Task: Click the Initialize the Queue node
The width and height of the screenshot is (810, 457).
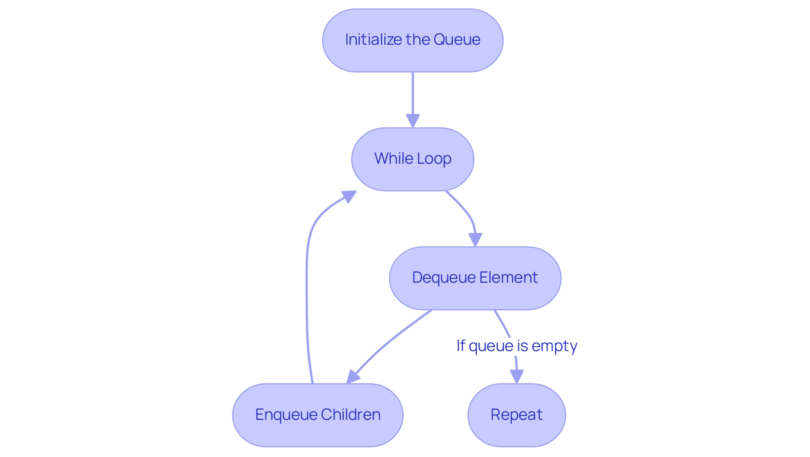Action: tap(413, 41)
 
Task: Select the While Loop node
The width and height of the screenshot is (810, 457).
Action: tap(413, 159)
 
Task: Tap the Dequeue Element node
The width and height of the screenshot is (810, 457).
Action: tap(475, 278)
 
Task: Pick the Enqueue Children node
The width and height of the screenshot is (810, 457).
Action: tap(318, 415)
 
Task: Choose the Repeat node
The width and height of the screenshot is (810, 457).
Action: tap(516, 415)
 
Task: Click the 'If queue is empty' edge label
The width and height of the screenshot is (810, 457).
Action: tap(516, 346)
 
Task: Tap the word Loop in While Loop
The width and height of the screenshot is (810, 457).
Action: tap(434, 159)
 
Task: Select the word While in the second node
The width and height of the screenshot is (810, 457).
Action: tap(394, 159)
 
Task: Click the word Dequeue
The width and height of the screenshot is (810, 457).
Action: tap(444, 278)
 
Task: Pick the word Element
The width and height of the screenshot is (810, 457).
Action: tap(508, 278)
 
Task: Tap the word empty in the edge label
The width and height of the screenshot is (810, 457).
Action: tap(554, 346)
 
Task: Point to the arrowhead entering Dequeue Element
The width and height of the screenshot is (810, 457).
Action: tap(475, 239)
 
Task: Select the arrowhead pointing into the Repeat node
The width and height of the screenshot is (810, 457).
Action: tap(516, 376)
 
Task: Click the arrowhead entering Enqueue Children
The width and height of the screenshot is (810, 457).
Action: tap(353, 376)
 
